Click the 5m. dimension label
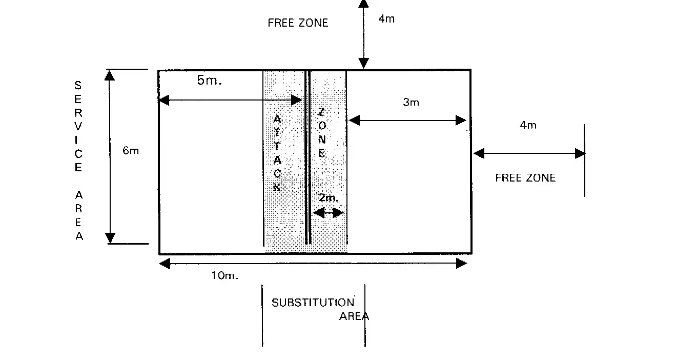(x=209, y=81)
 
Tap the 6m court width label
(x=131, y=151)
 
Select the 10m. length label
(x=225, y=275)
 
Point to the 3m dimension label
(x=411, y=103)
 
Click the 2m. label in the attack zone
(x=329, y=198)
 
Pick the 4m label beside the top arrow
(x=387, y=19)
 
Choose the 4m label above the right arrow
(x=528, y=125)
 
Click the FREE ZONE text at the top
(x=298, y=23)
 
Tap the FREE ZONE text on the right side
(x=525, y=178)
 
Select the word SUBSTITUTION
(x=313, y=303)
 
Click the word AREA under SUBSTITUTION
(x=354, y=316)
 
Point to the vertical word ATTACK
(x=277, y=153)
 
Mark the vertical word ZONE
(x=321, y=132)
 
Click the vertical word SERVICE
(x=78, y=126)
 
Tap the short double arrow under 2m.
(x=329, y=213)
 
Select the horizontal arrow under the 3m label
(x=407, y=121)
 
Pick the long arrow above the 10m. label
(x=313, y=264)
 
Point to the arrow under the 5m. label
(x=230, y=99)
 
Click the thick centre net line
(x=308, y=157)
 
